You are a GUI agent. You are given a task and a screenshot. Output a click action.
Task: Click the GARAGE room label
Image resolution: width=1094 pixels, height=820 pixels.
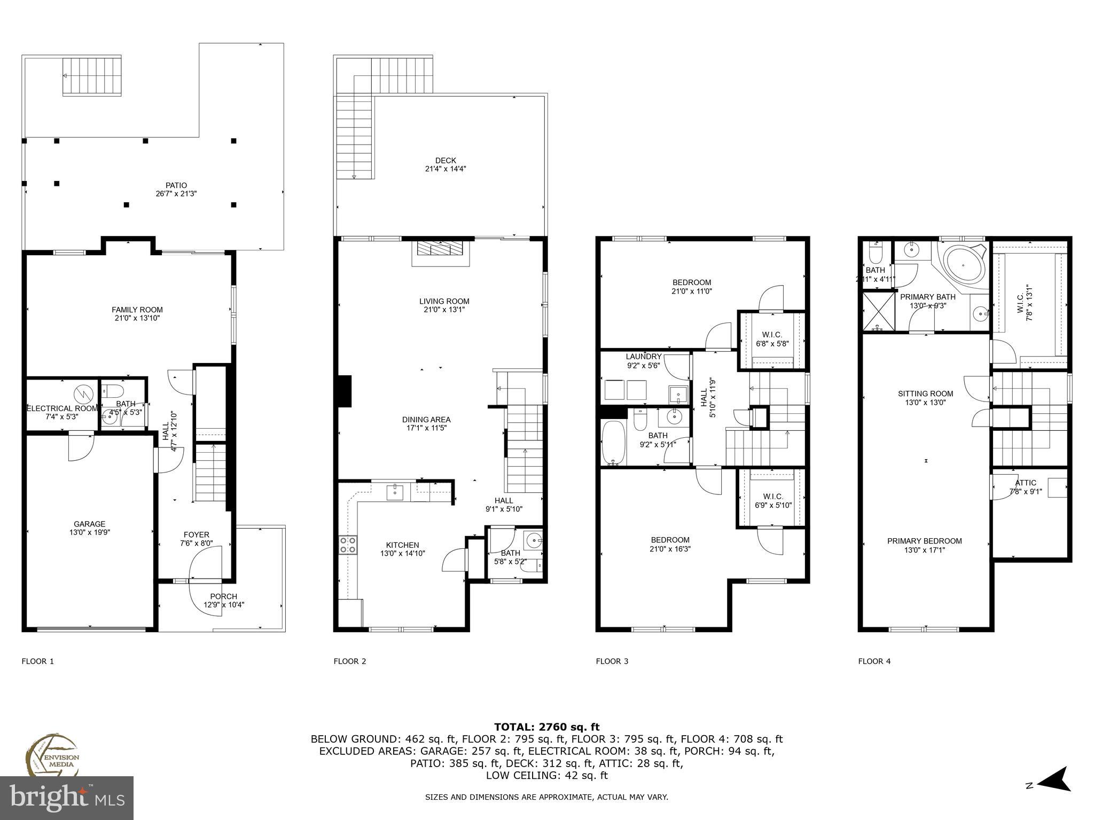tap(89, 524)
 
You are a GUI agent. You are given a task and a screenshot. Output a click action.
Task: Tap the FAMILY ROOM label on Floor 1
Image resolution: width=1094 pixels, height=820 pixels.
tap(137, 310)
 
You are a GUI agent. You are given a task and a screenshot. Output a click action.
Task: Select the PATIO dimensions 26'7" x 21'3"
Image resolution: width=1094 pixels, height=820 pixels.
tap(176, 194)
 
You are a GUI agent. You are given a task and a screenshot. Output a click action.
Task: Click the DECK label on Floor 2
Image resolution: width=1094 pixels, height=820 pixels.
tap(446, 160)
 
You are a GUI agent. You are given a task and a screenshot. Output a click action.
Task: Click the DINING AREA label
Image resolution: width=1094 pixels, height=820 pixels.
tap(426, 420)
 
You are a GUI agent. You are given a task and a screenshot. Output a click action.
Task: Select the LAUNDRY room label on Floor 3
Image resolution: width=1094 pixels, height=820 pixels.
tap(644, 357)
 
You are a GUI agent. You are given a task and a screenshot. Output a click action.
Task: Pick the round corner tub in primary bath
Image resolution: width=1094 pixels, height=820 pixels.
tap(965, 265)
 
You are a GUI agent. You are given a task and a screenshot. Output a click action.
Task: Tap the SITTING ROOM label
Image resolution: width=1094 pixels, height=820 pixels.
tap(925, 394)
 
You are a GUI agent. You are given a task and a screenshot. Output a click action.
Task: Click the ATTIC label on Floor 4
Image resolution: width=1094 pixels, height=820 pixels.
tap(1026, 483)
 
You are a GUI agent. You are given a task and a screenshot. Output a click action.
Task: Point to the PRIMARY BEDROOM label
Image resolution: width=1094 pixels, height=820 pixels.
tap(924, 541)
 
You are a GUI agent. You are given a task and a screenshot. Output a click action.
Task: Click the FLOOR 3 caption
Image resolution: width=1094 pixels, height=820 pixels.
tap(612, 661)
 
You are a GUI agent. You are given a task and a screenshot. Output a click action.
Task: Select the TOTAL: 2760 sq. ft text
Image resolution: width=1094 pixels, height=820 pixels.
tap(546, 727)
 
